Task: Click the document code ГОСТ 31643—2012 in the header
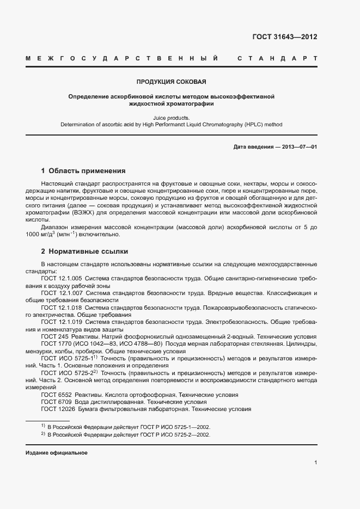(284, 37)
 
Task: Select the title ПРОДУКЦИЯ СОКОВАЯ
(171, 82)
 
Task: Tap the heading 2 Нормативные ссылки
(84, 252)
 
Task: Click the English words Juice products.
(171, 117)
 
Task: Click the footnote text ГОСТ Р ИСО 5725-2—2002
(175, 435)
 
